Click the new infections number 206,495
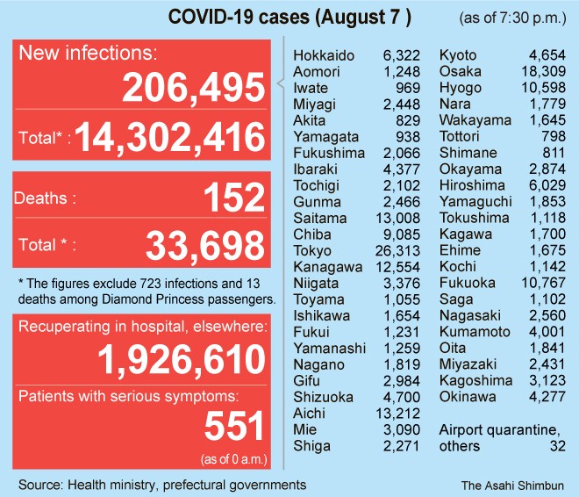coord(193,88)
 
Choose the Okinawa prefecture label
coord(468,397)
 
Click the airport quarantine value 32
coord(555,446)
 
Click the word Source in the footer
coord(39,484)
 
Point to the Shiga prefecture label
coord(311,446)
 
